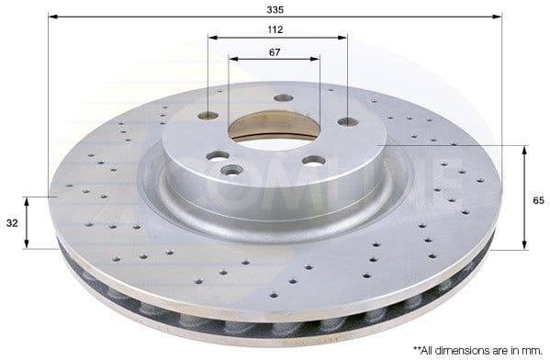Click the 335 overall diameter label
click(x=275, y=8)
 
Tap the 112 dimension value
click(x=275, y=29)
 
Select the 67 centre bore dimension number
click(x=275, y=51)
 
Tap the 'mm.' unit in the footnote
click(x=531, y=351)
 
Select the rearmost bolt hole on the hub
click(x=283, y=97)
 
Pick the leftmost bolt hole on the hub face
click(x=208, y=116)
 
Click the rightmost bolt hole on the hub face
click(x=347, y=121)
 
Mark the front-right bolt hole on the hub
click(x=313, y=161)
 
